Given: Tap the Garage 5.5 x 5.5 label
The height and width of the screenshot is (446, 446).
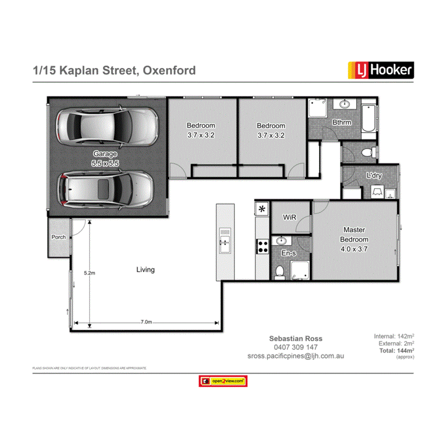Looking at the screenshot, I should pyautogui.click(x=105, y=158).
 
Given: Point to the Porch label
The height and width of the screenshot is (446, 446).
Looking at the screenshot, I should pyautogui.click(x=59, y=237).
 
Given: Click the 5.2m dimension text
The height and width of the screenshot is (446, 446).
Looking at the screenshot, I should pyautogui.click(x=89, y=273).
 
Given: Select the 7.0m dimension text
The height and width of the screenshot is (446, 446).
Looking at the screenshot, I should pyautogui.click(x=146, y=322).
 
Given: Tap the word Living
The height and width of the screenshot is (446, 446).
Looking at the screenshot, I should pyautogui.click(x=145, y=270).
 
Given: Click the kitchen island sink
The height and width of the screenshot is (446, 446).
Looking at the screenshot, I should pyautogui.click(x=225, y=240).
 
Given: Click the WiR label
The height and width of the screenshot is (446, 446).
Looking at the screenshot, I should pyautogui.click(x=290, y=217).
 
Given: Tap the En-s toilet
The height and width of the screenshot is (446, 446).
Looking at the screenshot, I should pyautogui.click(x=280, y=271).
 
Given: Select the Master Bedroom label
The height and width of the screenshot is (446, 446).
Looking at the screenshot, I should pyautogui.click(x=354, y=239).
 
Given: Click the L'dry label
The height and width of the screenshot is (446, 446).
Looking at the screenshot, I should pyautogui.click(x=374, y=176).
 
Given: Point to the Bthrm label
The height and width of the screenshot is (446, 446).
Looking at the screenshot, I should pyautogui.click(x=342, y=123).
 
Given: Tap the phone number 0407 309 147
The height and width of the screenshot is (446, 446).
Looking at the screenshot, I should pyautogui.click(x=295, y=347).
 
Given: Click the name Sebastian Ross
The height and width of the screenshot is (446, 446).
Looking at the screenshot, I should pyautogui.click(x=295, y=338).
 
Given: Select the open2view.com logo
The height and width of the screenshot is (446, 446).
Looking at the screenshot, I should pyautogui.click(x=223, y=381).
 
